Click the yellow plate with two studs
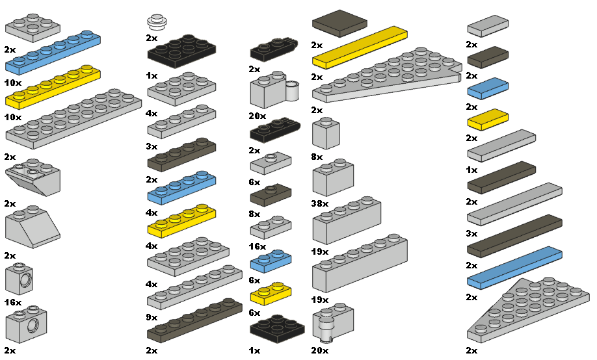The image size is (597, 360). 271,294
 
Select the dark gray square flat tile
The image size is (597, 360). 339,23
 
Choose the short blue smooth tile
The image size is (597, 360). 488,88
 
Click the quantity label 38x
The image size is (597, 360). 320,203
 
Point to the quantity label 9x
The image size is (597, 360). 152,318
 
